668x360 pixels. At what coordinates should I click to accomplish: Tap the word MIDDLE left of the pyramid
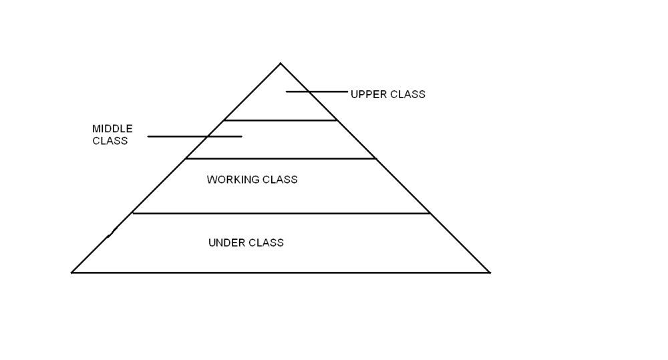click(x=112, y=128)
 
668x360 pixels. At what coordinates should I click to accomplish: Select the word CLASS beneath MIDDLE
click(x=110, y=141)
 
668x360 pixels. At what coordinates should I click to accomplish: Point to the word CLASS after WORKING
click(x=280, y=180)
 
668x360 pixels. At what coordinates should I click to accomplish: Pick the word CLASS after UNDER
click(x=266, y=242)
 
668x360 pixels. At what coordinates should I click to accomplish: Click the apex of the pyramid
click(x=280, y=63)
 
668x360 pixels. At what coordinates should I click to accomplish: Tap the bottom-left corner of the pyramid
click(x=72, y=272)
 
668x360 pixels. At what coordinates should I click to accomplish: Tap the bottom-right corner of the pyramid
click(x=490, y=272)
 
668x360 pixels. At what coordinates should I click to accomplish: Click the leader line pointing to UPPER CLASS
click(x=317, y=92)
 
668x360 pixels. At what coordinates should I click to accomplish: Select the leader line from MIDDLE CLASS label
click(x=194, y=136)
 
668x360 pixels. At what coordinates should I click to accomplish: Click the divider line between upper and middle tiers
click(x=280, y=120)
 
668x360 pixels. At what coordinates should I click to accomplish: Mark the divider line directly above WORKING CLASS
click(x=281, y=158)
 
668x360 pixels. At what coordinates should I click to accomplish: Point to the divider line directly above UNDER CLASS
click(x=281, y=214)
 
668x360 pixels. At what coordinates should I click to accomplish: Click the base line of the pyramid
click(x=281, y=273)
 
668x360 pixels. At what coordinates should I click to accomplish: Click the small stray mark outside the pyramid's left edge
click(x=111, y=232)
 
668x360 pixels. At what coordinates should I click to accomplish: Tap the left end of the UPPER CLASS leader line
click(x=287, y=92)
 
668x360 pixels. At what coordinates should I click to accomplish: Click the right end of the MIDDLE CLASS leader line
click(x=240, y=136)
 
